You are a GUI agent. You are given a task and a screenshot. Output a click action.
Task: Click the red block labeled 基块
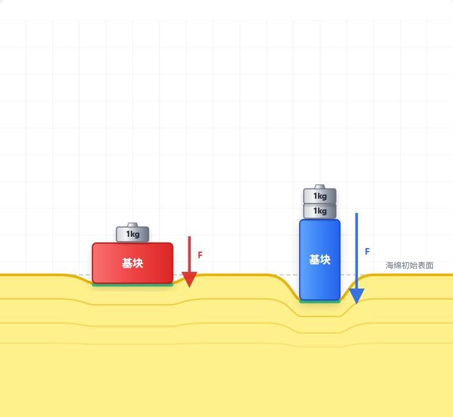[x=133, y=263]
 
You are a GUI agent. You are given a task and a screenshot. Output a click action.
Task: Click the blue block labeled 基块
[x=320, y=260]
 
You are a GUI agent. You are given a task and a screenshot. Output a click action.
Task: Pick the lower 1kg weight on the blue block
[x=320, y=211]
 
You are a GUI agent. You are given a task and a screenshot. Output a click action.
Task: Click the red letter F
[x=200, y=255]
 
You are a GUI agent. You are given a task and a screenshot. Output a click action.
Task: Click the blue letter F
[x=367, y=251]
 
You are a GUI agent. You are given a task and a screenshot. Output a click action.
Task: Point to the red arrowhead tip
[x=189, y=287]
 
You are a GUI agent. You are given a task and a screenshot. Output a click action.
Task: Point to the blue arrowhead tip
[x=357, y=304]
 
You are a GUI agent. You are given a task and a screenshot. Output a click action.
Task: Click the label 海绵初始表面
[x=410, y=265]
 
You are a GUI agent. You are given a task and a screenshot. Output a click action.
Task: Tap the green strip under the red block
[x=133, y=285]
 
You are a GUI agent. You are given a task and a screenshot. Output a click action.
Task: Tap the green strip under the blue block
[x=320, y=302]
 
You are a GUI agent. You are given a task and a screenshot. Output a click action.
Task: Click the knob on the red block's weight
[x=133, y=225]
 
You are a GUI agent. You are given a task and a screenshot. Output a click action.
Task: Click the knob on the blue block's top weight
[x=320, y=187]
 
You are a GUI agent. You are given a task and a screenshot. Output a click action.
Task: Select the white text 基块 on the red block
[x=133, y=263]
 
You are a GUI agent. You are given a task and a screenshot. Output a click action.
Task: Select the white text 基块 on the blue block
[x=320, y=260]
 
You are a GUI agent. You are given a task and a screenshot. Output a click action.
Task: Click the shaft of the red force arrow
[x=189, y=254]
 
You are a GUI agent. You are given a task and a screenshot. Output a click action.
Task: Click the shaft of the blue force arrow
[x=357, y=250]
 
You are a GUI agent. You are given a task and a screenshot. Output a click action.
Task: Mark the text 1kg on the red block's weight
[x=133, y=234]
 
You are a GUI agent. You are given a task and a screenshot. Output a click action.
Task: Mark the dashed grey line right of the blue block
[x=352, y=274]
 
